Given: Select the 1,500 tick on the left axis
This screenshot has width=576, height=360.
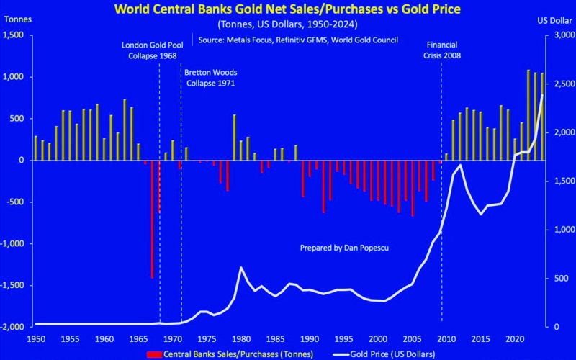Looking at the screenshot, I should [x=15, y=35].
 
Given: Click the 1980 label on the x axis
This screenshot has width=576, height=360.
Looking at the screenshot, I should [x=241, y=338].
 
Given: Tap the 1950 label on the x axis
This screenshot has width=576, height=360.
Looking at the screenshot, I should [x=35, y=338].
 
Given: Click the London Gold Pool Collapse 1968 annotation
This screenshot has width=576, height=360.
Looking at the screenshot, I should [x=153, y=50].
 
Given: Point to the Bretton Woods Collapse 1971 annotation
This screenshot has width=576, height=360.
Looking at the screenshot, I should [x=210, y=78].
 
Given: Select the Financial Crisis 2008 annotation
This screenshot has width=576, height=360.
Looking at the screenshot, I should [x=442, y=50].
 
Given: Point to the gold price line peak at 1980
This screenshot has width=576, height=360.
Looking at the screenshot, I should [x=241, y=268].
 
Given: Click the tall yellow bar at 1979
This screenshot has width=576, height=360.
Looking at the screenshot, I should [x=234, y=137].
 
